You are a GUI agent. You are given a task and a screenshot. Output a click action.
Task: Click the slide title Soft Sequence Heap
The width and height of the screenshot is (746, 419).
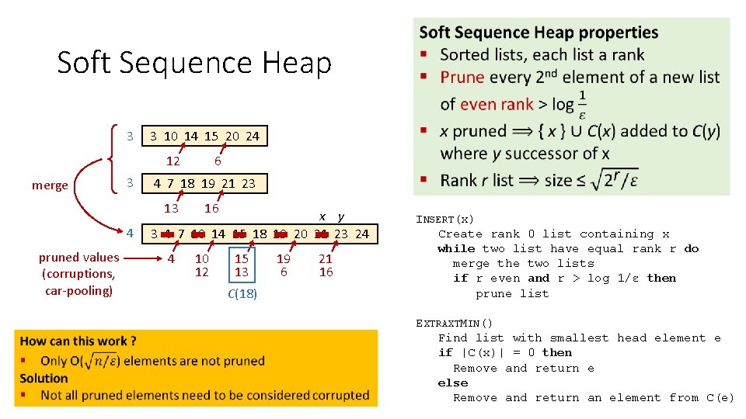click(194, 63)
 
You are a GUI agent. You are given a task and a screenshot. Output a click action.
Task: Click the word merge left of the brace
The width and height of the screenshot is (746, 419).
click(49, 185)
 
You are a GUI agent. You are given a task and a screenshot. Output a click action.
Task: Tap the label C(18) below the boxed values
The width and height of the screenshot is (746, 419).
click(242, 293)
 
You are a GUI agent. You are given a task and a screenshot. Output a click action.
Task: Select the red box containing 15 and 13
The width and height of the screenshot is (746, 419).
click(242, 265)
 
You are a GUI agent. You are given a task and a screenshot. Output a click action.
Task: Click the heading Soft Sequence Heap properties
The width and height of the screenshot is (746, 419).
click(539, 33)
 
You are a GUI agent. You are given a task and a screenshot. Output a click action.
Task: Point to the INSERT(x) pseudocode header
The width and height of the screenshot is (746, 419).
click(444, 219)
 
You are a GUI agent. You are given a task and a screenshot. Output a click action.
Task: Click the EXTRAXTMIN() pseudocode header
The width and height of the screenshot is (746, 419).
click(455, 323)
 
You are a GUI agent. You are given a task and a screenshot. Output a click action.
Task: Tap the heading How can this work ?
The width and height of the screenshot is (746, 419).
click(78, 341)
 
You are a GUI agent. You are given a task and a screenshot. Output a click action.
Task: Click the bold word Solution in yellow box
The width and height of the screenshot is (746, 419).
click(44, 378)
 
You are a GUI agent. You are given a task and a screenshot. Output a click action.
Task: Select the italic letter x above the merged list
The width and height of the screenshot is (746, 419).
click(322, 216)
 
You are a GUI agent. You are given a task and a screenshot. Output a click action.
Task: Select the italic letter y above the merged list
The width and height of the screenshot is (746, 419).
click(340, 216)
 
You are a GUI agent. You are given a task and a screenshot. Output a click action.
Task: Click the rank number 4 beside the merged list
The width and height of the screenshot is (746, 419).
click(131, 233)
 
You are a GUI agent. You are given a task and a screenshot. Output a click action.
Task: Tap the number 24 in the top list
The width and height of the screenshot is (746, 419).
click(253, 137)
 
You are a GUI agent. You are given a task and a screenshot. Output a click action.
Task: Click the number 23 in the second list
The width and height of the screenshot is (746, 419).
click(248, 184)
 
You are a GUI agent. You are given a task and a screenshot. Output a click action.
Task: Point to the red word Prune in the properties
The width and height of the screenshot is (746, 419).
click(462, 77)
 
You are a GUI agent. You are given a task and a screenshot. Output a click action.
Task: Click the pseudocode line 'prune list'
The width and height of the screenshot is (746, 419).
click(512, 293)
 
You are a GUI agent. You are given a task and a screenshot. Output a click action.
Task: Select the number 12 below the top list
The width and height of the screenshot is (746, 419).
click(173, 161)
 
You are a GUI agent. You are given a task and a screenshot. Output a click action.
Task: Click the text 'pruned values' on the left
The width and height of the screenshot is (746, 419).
click(78, 257)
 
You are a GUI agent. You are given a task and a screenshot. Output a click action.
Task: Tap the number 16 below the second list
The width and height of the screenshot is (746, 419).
click(211, 208)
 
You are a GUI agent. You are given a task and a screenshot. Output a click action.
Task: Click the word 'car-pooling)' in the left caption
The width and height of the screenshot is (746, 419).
click(78, 290)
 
